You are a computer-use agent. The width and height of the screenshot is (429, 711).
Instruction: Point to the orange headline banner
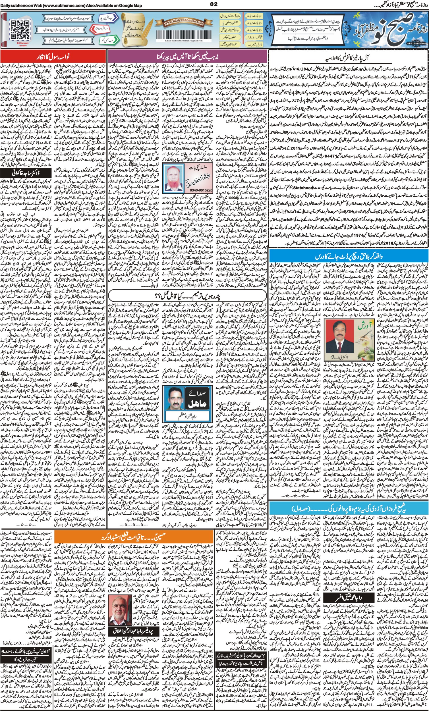(133, 538)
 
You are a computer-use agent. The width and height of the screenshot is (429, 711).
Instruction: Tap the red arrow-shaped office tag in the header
(99, 29)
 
